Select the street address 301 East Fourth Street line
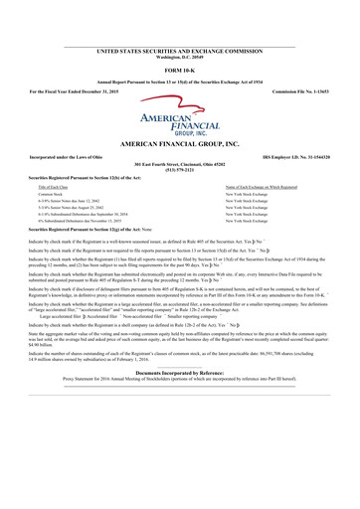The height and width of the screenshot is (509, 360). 179,163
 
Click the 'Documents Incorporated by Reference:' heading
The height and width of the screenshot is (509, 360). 179,400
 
